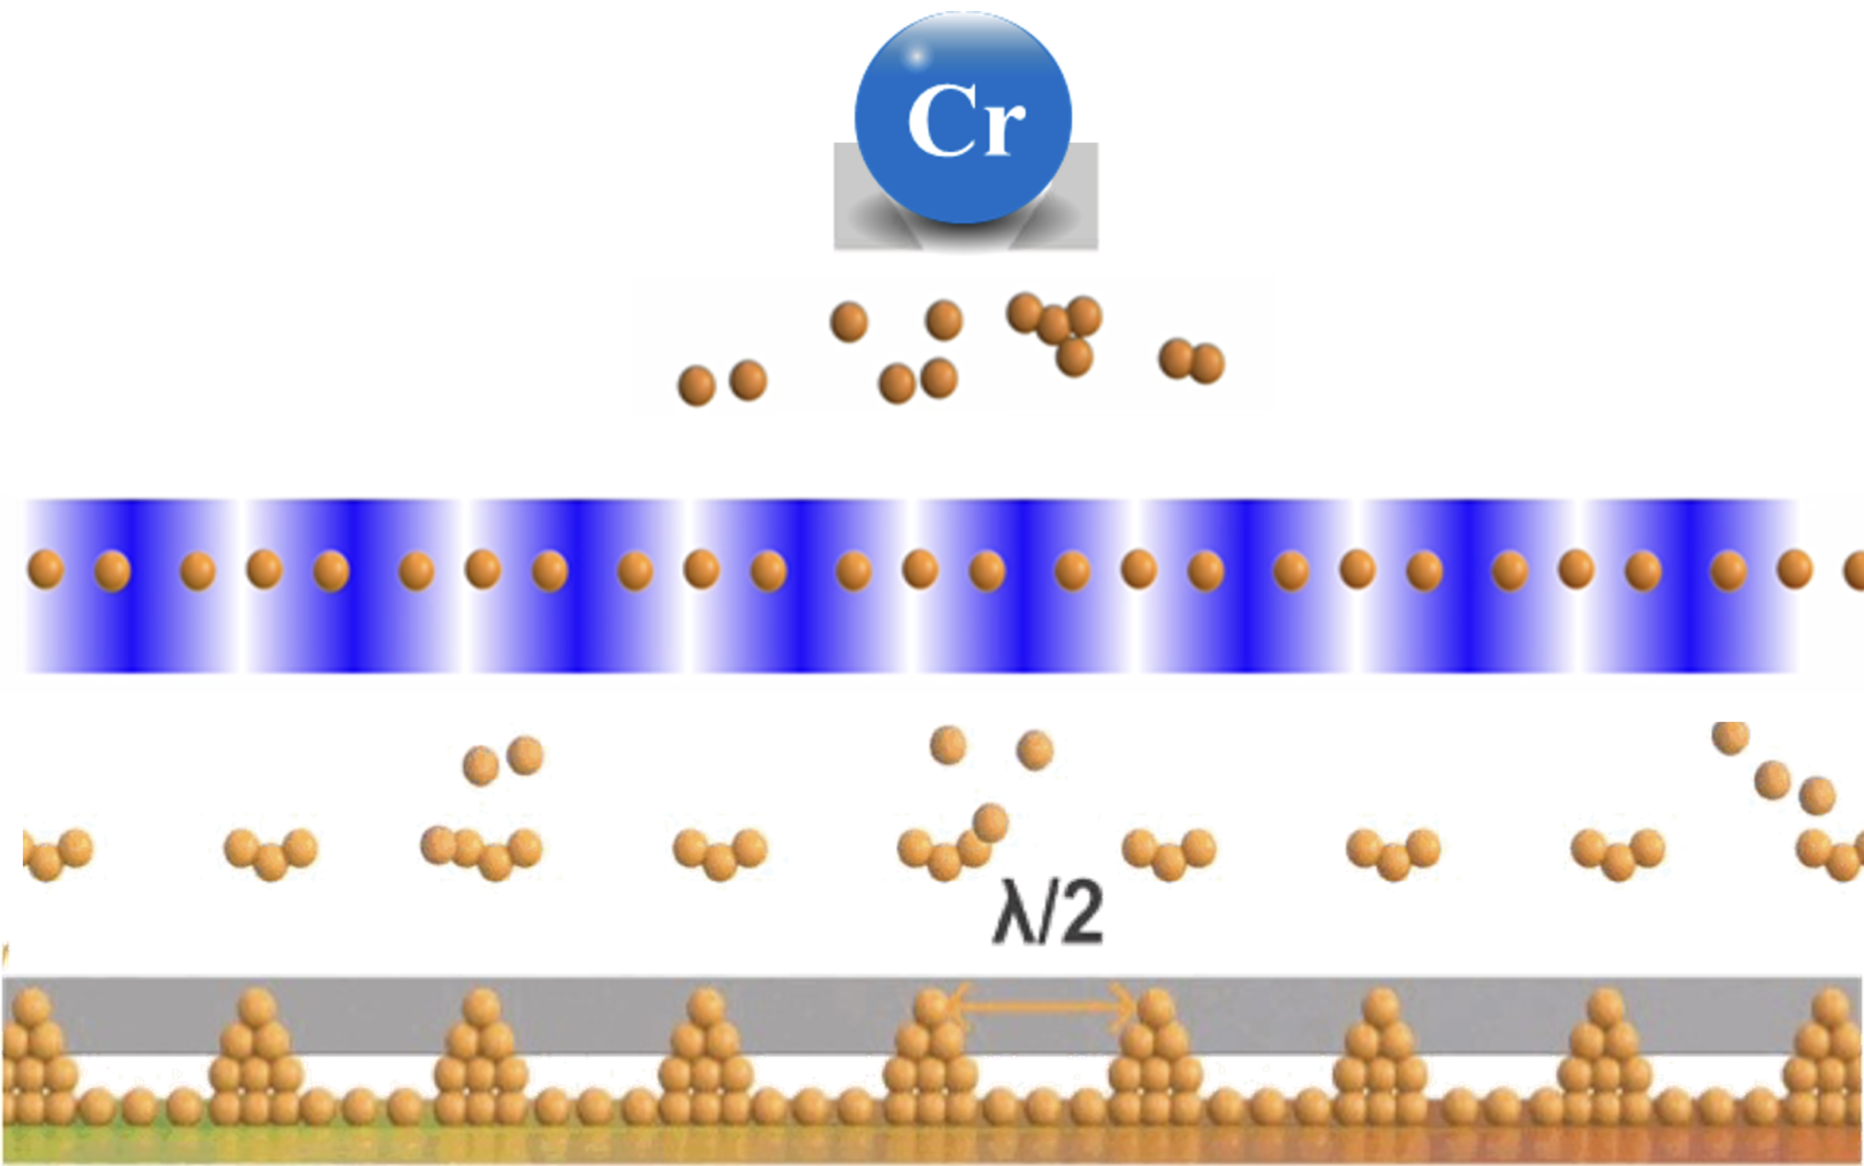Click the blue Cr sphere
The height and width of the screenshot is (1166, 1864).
pos(963,118)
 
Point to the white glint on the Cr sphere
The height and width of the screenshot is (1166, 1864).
pos(916,56)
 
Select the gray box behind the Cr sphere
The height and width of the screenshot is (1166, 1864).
pos(966,196)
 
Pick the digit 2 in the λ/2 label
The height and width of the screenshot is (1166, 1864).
pos(1081,913)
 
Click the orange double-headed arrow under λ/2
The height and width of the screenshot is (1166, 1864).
pos(1041,1006)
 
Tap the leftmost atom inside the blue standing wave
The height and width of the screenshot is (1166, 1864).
pos(46,569)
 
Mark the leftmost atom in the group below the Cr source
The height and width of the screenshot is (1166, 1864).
pos(697,386)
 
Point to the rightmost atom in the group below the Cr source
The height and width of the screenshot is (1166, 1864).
pos(1207,364)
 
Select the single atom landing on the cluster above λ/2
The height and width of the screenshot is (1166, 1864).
pos(990,823)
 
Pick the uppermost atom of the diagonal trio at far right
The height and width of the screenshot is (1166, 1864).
pos(1730,736)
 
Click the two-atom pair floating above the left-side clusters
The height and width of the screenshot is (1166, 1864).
pos(503,761)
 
